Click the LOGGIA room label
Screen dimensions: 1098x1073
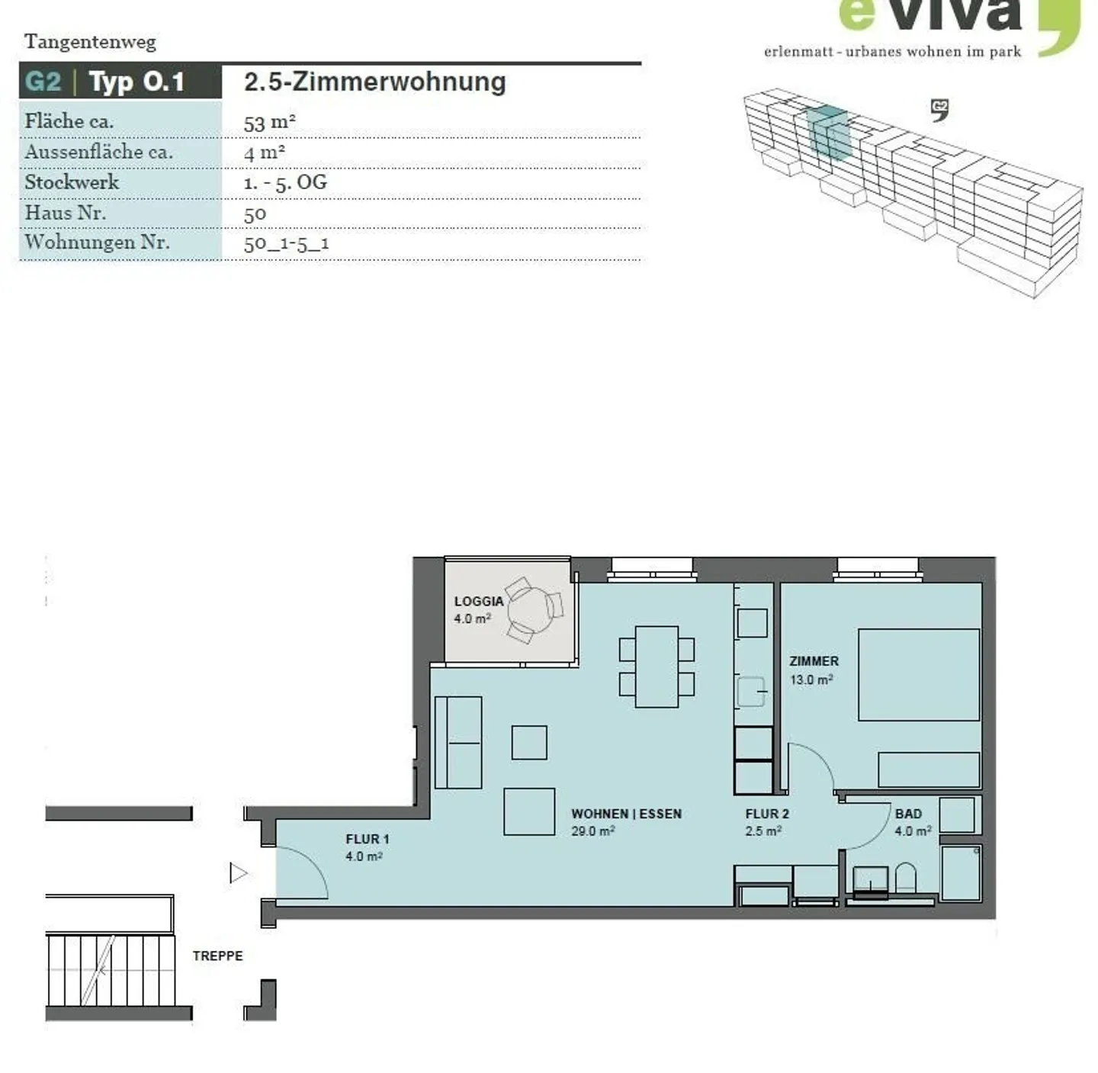coord(479,601)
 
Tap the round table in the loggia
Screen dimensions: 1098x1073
coord(528,609)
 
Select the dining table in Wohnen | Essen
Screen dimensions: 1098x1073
coord(657,666)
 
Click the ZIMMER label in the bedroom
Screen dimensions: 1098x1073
coord(814,660)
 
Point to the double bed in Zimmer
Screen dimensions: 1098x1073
coord(919,674)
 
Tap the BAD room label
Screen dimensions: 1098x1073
coord(908,814)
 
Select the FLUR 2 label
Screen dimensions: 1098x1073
coord(767,814)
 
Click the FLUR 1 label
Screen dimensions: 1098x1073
coord(368,839)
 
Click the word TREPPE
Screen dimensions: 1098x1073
coord(217,956)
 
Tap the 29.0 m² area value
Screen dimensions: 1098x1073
coord(592,830)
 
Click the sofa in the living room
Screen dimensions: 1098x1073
coord(458,742)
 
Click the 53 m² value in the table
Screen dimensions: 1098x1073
coord(269,123)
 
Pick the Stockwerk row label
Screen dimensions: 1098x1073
coord(72,182)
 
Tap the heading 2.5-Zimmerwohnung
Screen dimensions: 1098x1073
coord(374,82)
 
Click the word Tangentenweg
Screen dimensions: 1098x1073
coord(90,42)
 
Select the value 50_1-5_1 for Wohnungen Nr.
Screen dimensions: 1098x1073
coord(286,244)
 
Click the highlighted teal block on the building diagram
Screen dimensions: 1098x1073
coord(828,133)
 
